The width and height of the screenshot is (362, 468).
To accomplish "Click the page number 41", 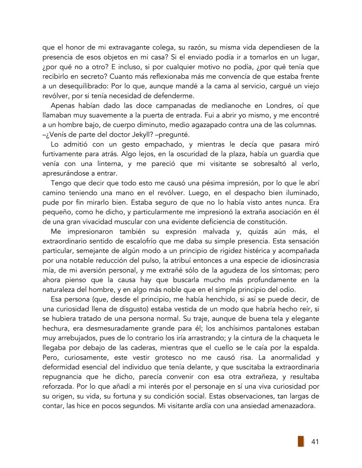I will pos(315,442).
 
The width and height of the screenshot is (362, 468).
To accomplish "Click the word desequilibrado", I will pos(84,86).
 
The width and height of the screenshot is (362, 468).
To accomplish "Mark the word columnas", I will pos(301,125).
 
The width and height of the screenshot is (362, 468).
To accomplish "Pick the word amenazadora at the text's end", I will pos(291,406).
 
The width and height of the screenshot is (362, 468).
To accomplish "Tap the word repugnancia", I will pos(62,377).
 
